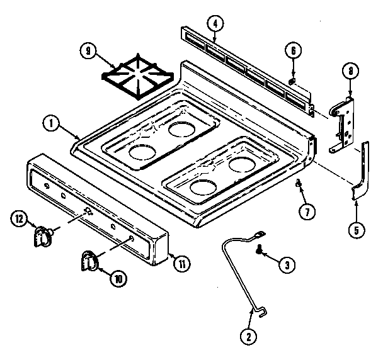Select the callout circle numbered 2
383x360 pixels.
(x=249, y=337)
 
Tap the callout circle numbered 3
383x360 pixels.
(x=287, y=266)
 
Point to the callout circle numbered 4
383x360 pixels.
(x=215, y=25)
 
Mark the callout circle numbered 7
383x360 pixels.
(x=307, y=211)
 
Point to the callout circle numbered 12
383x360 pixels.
(x=19, y=220)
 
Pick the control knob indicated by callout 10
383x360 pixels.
(x=89, y=260)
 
